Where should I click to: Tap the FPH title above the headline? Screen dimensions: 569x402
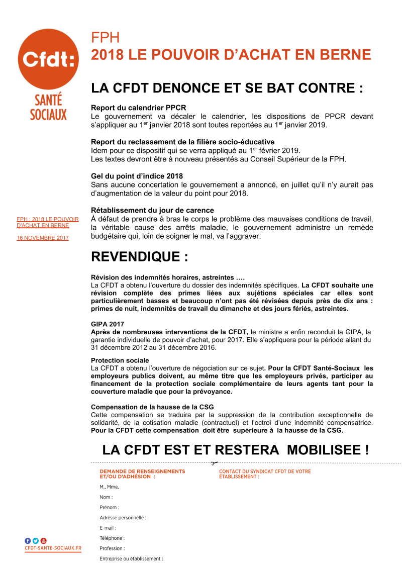pyautogui.click(x=106, y=38)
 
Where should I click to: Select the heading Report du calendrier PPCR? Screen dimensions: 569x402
pyautogui.click(x=138, y=108)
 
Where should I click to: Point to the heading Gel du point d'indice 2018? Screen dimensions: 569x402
pyautogui.click(x=137, y=176)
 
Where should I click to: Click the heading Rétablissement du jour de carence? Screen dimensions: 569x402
pyautogui.click(x=152, y=210)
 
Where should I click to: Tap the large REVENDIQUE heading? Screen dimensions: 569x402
pyautogui.click(x=139, y=257)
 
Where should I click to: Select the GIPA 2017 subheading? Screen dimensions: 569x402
pyautogui.click(x=108, y=324)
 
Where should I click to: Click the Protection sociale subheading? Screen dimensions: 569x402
pyautogui.click(x=120, y=360)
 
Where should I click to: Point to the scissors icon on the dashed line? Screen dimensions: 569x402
pyautogui.click(x=215, y=463)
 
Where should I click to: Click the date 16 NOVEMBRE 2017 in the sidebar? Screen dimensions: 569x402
pyautogui.click(x=43, y=238)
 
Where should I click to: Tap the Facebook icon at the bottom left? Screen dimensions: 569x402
pyautogui.click(x=28, y=540)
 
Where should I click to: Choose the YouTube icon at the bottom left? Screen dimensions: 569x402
pyautogui.click(x=43, y=540)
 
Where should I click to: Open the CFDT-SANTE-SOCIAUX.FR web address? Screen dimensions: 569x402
pyautogui.click(x=53, y=548)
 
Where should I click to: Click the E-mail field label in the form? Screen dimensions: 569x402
pyautogui.click(x=108, y=528)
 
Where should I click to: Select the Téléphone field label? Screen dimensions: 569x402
pyautogui.click(x=112, y=538)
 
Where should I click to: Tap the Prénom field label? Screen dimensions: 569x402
pyautogui.click(x=109, y=507)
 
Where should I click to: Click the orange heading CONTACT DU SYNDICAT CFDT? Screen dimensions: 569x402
pyautogui.click(x=265, y=471)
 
